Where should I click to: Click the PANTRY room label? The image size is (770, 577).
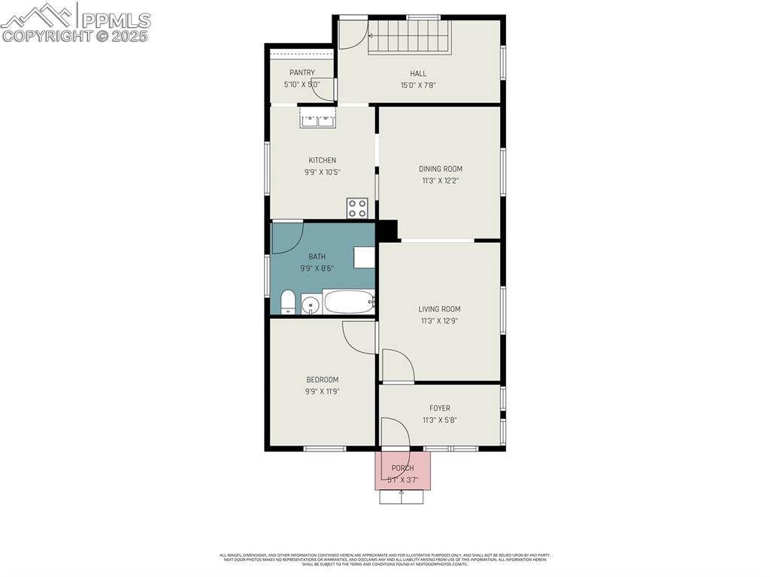tap(302, 73)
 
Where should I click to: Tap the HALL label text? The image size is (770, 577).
tap(418, 74)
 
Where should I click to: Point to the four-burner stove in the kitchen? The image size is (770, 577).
tap(357, 208)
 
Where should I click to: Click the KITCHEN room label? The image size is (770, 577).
tap(322, 160)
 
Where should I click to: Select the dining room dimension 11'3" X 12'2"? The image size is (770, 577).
tap(441, 181)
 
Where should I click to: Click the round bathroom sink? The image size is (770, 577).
tap(311, 305)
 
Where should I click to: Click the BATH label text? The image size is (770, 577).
tap(317, 257)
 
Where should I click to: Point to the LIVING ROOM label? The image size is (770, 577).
tap(439, 309)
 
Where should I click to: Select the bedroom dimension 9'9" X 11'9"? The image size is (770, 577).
tap(322, 391)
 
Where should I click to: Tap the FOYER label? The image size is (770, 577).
tap(440, 408)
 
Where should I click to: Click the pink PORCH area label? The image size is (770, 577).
tap(402, 468)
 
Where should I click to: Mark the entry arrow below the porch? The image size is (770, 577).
tap(402, 497)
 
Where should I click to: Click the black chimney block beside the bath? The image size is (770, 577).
tap(387, 230)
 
